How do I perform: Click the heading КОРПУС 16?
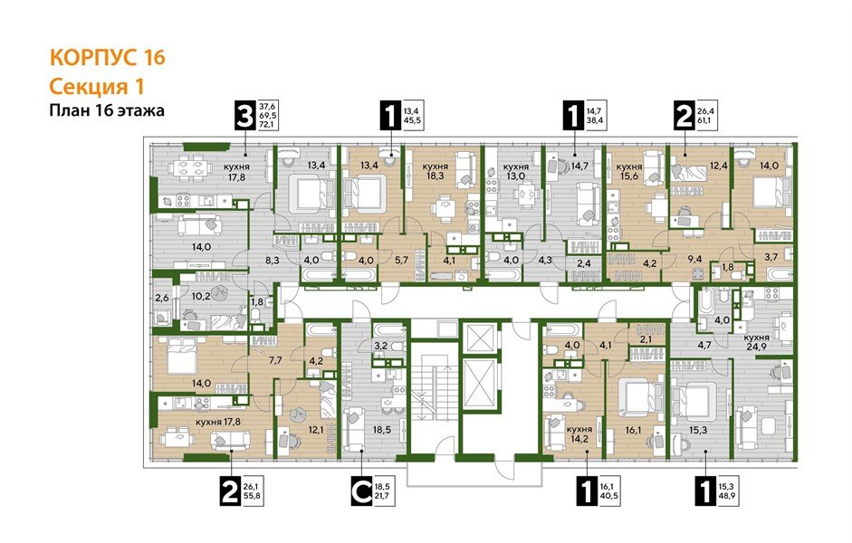tap(107, 59)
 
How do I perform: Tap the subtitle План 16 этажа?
tap(105, 111)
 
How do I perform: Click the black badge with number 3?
tap(243, 117)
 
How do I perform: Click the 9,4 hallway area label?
tap(696, 260)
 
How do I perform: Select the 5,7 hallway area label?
tap(402, 259)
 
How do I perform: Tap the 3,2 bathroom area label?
tap(381, 346)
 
